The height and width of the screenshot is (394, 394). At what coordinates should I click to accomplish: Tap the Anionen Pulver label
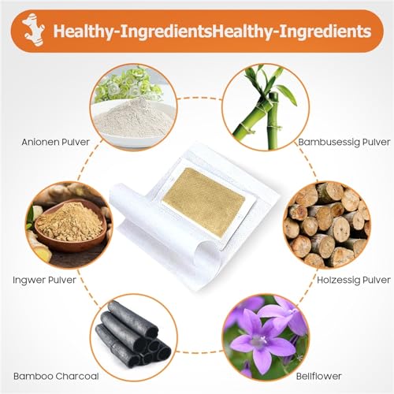(x=55, y=143)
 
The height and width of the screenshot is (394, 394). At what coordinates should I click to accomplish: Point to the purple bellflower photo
(x=264, y=335)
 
